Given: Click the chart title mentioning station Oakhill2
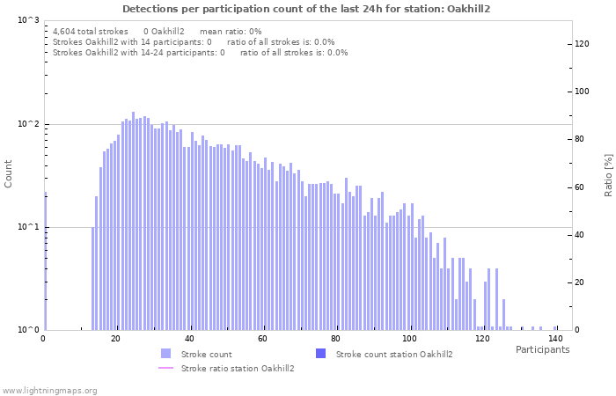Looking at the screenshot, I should tap(306, 9).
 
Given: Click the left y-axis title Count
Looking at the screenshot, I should tap(9, 173).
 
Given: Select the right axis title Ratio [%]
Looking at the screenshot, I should tap(607, 173).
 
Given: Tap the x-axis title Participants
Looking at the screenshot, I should tap(542, 349).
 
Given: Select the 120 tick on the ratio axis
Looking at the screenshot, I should tap(582, 43).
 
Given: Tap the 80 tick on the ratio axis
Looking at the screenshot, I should tap(582, 139).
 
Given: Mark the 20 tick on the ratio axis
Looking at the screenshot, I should tap(582, 282).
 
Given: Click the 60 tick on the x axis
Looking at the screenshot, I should tap(262, 339).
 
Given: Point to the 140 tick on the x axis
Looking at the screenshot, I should tap(554, 339).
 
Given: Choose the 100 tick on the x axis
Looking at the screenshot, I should tap(408, 339).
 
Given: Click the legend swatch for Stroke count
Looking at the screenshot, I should tap(166, 354).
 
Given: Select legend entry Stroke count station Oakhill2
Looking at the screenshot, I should tap(394, 354).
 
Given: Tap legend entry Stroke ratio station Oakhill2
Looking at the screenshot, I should tap(237, 368).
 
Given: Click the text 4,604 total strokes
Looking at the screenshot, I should tap(91, 31).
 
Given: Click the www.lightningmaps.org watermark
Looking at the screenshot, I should tap(49, 390).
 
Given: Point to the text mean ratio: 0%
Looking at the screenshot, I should tap(231, 31).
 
